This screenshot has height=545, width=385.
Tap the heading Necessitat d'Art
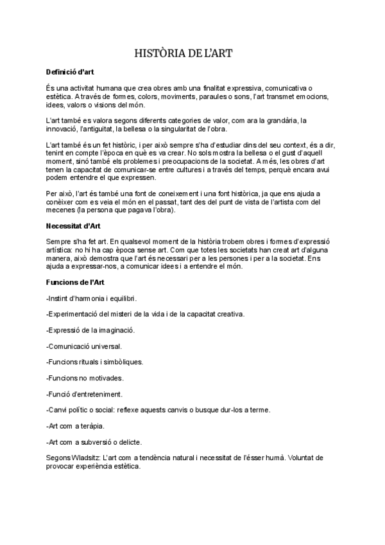73,226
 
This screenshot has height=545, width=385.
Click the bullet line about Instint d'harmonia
91,298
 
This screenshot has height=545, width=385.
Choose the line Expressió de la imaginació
90,330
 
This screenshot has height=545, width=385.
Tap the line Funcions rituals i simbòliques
94,362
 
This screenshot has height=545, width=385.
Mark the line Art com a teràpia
75,425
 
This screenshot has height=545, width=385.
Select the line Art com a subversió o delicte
94,442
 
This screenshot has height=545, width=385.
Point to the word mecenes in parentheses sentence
62,210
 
